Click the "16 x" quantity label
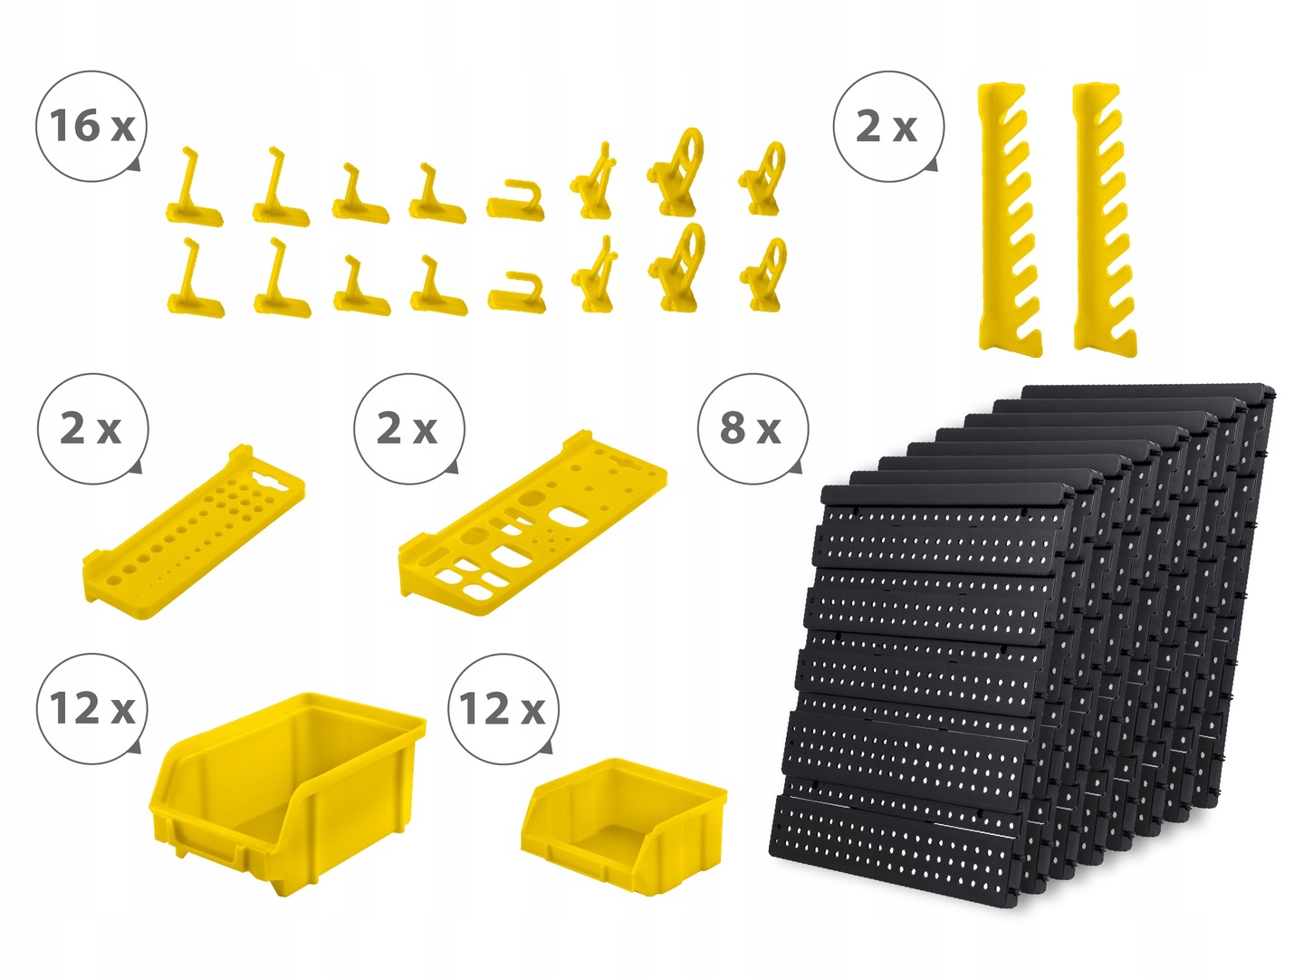(91, 126)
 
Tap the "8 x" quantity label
(751, 428)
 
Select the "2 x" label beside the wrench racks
(887, 127)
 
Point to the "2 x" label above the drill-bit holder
(91, 428)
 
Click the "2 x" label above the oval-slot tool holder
(407, 428)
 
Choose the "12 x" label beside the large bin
(92, 708)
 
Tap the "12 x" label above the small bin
(503, 708)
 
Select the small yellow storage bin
(624, 825)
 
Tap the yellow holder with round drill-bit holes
(193, 532)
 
